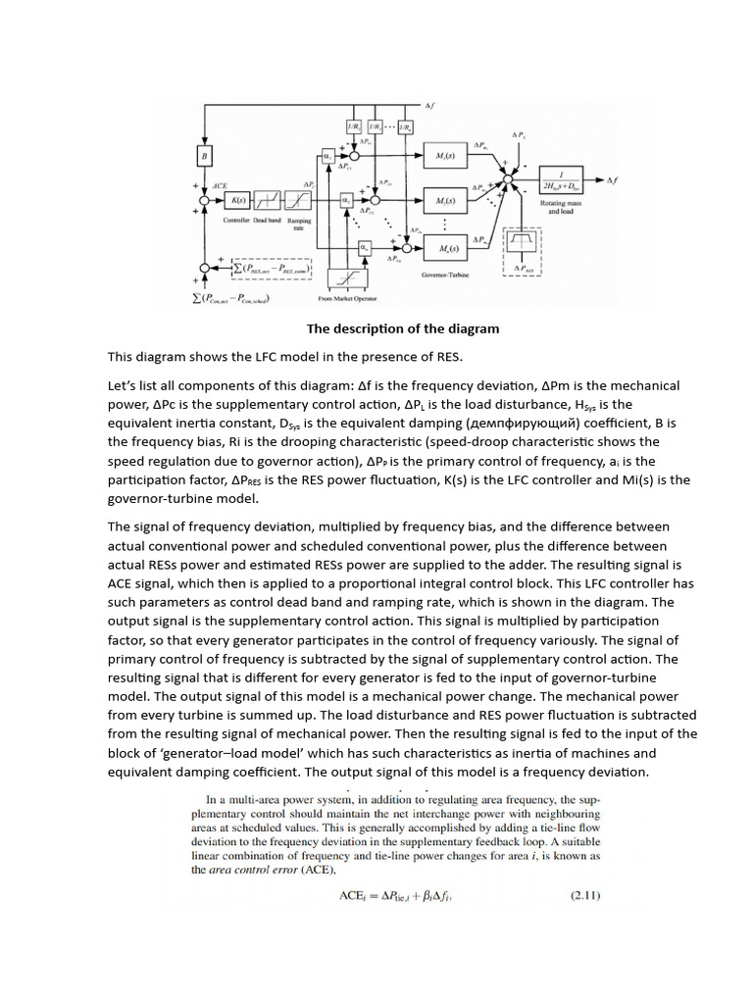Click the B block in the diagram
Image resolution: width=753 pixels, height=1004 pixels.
pyautogui.click(x=205, y=156)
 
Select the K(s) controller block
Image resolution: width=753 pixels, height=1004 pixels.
pyautogui.click(x=237, y=200)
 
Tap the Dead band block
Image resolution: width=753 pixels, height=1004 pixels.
pyautogui.click(x=268, y=200)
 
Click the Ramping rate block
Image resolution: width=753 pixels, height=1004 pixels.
pyautogui.click(x=296, y=200)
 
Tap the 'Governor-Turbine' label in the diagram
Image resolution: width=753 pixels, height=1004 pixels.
pyautogui.click(x=446, y=276)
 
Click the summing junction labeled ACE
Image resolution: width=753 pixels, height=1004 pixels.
pyautogui.click(x=205, y=200)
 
